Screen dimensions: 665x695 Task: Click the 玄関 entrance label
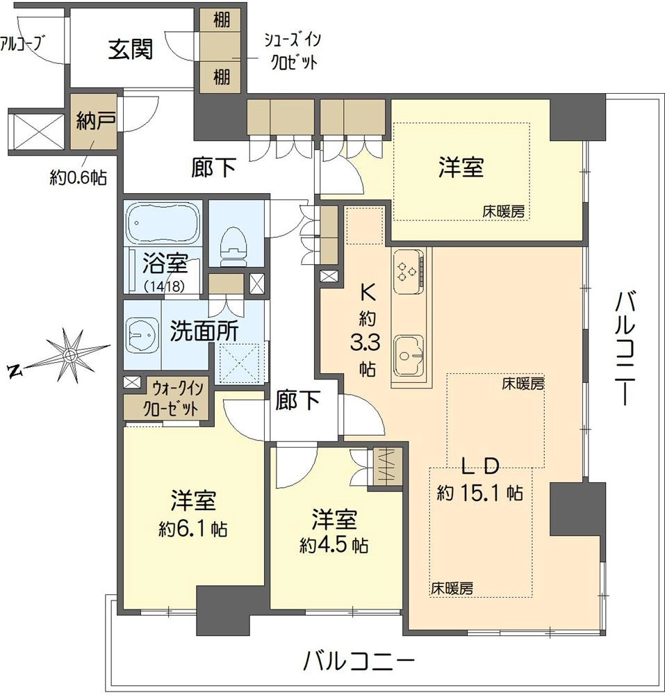click(131, 49)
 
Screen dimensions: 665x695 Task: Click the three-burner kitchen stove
click(407, 270)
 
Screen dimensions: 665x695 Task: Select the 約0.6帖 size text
click(78, 178)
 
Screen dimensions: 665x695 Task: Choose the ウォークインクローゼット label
click(170, 398)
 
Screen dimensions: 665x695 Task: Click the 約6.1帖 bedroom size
click(192, 528)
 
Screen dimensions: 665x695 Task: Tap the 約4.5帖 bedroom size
click(333, 545)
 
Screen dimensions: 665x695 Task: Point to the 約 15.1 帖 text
click(479, 492)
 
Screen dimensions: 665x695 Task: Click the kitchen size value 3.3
click(365, 343)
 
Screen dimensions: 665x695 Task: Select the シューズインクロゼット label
click(293, 51)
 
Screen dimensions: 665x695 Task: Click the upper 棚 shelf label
click(221, 20)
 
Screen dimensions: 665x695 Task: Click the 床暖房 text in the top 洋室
click(504, 212)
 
